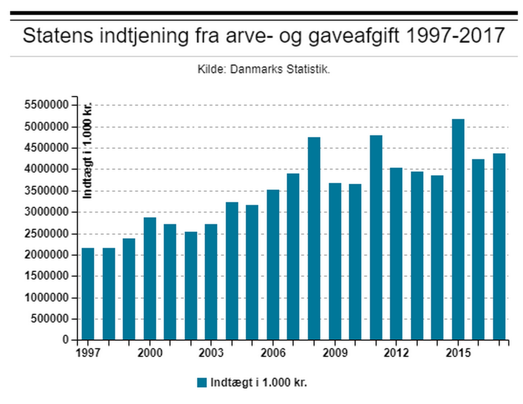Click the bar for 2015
tap(458, 229)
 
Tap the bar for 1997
tap(88, 294)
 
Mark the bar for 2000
tap(149, 278)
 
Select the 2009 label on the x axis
tap(335, 353)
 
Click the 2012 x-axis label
tap(396, 353)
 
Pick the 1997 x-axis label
tap(88, 353)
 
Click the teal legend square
tap(202, 382)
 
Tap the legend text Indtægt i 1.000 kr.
tap(259, 382)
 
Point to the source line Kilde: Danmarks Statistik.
tap(264, 70)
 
